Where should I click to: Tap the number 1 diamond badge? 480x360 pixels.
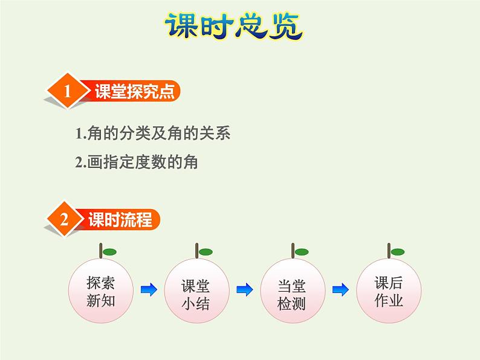(x=68, y=91)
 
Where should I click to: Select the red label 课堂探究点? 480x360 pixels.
(x=134, y=91)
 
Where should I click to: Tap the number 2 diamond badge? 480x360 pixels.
(x=64, y=219)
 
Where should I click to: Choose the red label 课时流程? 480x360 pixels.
(x=120, y=219)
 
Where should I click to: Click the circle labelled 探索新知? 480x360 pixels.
(x=101, y=291)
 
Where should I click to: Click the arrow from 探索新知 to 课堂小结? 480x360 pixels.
(x=148, y=290)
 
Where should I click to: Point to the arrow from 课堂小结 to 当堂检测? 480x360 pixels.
(x=244, y=290)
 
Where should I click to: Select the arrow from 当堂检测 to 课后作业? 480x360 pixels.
(x=340, y=290)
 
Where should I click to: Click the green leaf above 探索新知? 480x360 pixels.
(x=109, y=251)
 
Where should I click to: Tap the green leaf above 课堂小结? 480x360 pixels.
(x=205, y=251)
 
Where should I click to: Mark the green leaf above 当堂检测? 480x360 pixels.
(x=302, y=251)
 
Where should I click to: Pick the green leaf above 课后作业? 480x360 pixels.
(x=397, y=251)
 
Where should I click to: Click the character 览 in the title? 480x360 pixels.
(x=285, y=26)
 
